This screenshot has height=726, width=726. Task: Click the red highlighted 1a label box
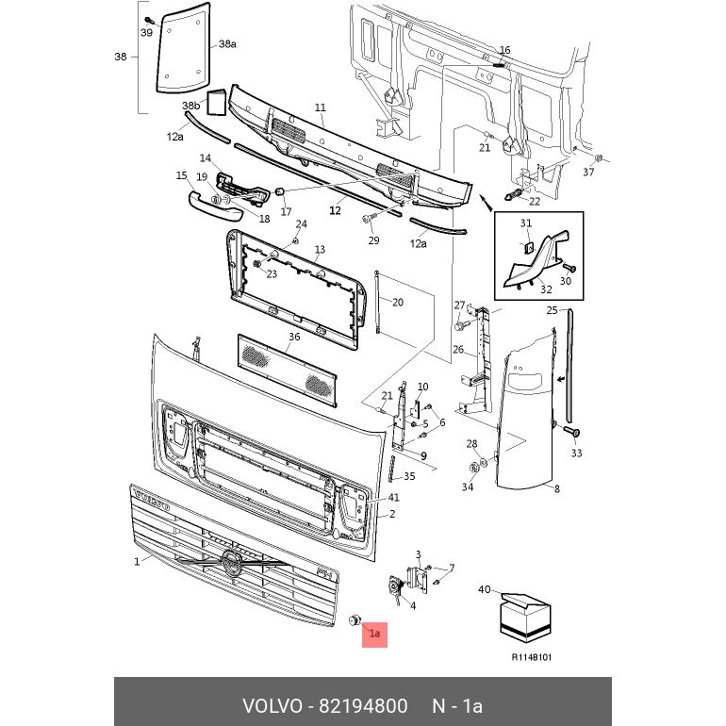pos(374,634)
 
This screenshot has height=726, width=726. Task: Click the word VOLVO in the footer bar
pos(272,706)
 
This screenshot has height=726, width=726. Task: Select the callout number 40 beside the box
pos(485,590)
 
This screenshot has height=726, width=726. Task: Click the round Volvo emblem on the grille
pos(232,566)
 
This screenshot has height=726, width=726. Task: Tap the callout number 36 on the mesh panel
pos(295,337)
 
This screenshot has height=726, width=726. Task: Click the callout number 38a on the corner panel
pos(227,44)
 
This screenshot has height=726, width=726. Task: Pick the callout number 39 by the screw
pos(146,33)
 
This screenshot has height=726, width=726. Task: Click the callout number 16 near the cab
pos(504,50)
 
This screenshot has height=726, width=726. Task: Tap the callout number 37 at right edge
pos(588,172)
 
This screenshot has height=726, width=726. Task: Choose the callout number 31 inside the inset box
pos(526,223)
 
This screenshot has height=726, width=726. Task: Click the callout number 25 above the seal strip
pos(553,310)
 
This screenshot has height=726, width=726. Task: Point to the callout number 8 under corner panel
pos(556,488)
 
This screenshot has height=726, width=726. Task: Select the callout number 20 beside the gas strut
pos(397,303)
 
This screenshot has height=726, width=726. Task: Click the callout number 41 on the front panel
pos(394,497)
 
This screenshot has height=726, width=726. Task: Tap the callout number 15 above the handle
pos(182,175)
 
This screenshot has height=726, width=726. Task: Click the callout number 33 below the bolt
pos(577,454)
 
